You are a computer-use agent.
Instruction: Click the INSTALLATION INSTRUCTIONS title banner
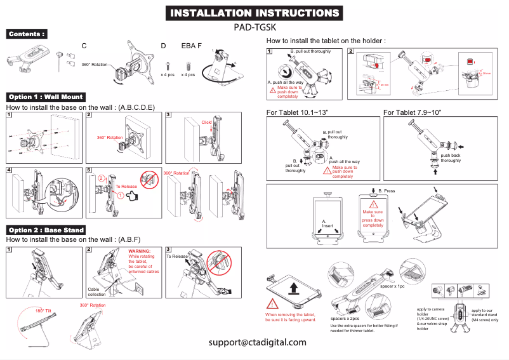[254, 13]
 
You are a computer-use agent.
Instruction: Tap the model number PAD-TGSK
[254, 27]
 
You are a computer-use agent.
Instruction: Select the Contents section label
[27, 34]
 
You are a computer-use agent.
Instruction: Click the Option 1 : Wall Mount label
[46, 97]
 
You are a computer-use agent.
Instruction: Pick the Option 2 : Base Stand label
[46, 230]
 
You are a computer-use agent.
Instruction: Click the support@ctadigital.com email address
[258, 342]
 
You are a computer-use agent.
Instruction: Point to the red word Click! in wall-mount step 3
[207, 122]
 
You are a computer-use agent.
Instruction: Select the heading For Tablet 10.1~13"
[297, 112]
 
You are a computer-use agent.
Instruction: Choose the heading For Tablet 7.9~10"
[413, 112]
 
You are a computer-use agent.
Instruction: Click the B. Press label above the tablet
[387, 191]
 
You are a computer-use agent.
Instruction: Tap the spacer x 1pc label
[393, 287]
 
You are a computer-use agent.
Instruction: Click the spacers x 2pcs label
[345, 319]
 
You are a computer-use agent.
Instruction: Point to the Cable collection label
[96, 292]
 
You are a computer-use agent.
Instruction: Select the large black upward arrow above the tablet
[294, 290]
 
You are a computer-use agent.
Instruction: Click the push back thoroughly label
[451, 158]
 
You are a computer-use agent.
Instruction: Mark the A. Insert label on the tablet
[327, 223]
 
